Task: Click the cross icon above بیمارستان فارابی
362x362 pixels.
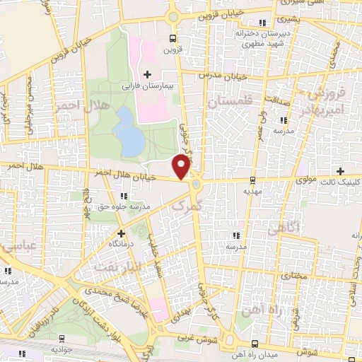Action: tap(147, 74)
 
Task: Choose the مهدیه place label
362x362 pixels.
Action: tap(252, 191)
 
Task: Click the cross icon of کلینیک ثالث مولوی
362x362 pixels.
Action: tap(341, 171)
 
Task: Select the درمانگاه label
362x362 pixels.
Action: tap(120, 243)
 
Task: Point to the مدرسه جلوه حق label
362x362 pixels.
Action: tap(125, 206)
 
